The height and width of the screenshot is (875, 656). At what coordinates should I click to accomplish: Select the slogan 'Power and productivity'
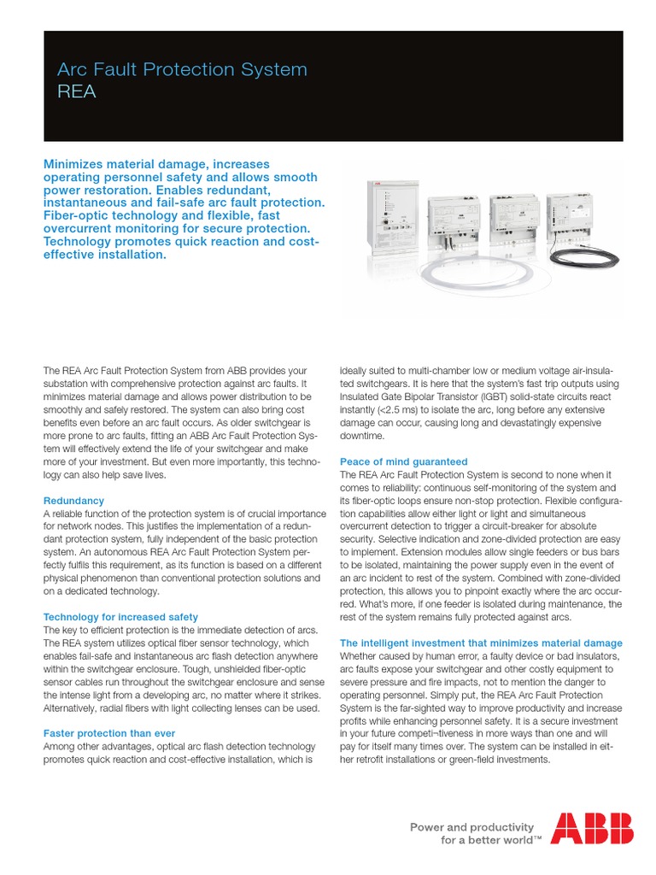[472, 826]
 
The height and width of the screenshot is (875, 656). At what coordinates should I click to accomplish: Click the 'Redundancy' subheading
[73, 500]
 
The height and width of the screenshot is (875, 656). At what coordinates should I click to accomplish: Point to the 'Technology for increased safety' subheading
[120, 616]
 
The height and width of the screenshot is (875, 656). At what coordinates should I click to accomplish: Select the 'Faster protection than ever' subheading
[108, 733]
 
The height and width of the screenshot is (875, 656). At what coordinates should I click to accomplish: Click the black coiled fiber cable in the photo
[581, 260]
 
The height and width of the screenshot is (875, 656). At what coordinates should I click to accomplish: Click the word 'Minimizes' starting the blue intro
[79, 164]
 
